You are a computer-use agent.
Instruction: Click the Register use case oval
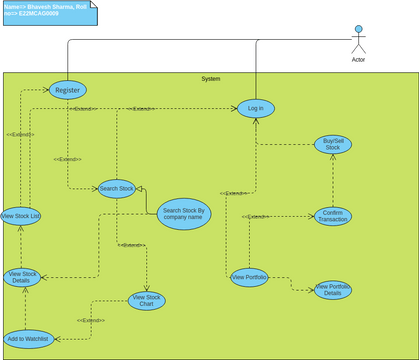[x=67, y=90]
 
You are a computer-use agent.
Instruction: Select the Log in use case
[x=256, y=108]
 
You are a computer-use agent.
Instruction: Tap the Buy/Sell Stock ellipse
[x=333, y=144]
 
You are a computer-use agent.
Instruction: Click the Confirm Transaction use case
[x=333, y=216]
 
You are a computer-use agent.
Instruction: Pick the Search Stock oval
[x=117, y=188]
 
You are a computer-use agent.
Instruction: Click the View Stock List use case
[x=21, y=216]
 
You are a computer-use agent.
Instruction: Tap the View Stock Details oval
[x=22, y=278]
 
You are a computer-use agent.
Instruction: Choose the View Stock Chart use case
[x=147, y=300]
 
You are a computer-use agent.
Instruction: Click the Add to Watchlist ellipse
[x=27, y=339]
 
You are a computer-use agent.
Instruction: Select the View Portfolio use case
[x=249, y=277]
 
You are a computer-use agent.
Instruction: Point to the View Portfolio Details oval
[x=333, y=290]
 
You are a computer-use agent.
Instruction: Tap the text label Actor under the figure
[x=358, y=60]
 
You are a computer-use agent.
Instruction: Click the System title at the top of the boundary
[x=210, y=78]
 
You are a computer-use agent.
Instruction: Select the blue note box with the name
[x=48, y=12]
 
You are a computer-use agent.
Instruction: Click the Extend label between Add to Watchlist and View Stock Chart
[x=92, y=320]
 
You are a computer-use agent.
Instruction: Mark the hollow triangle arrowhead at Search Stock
[x=140, y=187]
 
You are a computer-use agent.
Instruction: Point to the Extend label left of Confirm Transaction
[x=256, y=216]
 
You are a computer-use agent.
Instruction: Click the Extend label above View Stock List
[x=20, y=134]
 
